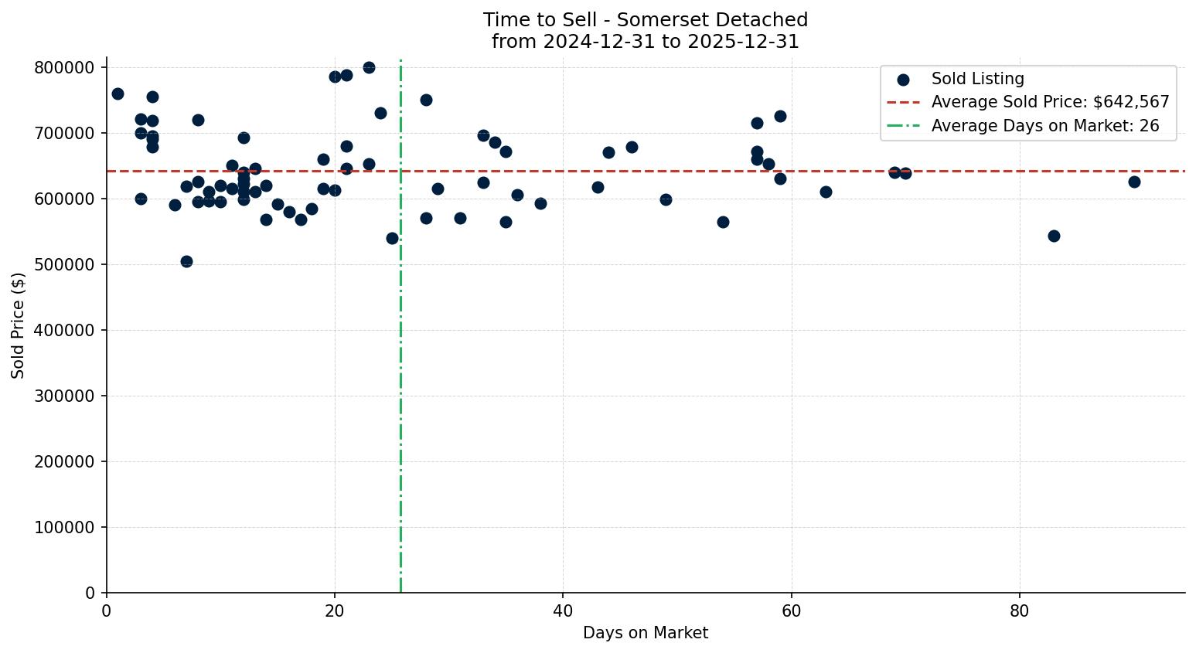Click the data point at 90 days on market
coord(1134,182)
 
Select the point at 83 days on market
coord(1054,236)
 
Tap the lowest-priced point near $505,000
coord(186,261)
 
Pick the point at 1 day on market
coord(118,94)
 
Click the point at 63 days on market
coord(826,192)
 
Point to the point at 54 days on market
coord(723,222)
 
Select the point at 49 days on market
coord(666,199)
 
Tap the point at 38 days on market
coord(540,203)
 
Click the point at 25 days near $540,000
coord(392,238)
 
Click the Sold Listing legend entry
coord(977,79)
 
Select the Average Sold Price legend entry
coord(1050,102)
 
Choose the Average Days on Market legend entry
coord(1044,126)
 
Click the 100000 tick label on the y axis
coord(64,527)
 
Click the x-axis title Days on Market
coord(645,633)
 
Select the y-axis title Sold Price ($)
coord(19,325)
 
